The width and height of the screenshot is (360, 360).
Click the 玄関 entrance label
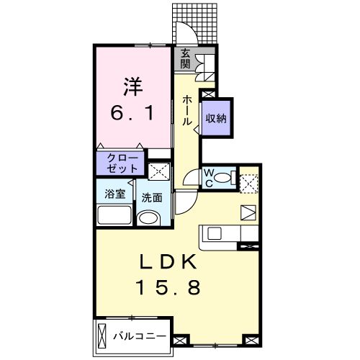(x=186, y=58)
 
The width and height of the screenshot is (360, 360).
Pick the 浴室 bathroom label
(x=114, y=194)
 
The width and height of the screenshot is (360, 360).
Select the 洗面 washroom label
(x=151, y=197)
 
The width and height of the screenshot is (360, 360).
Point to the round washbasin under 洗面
(x=148, y=220)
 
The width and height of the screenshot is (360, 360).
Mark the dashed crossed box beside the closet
(x=159, y=171)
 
